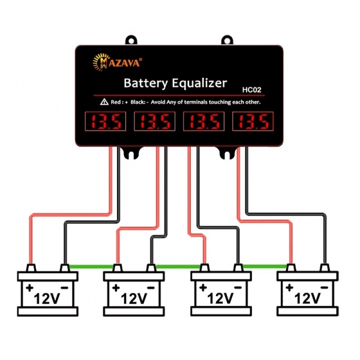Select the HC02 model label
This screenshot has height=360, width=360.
(251, 91)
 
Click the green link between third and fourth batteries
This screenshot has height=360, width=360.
(265, 266)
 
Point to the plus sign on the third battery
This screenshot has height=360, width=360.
(202, 287)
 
